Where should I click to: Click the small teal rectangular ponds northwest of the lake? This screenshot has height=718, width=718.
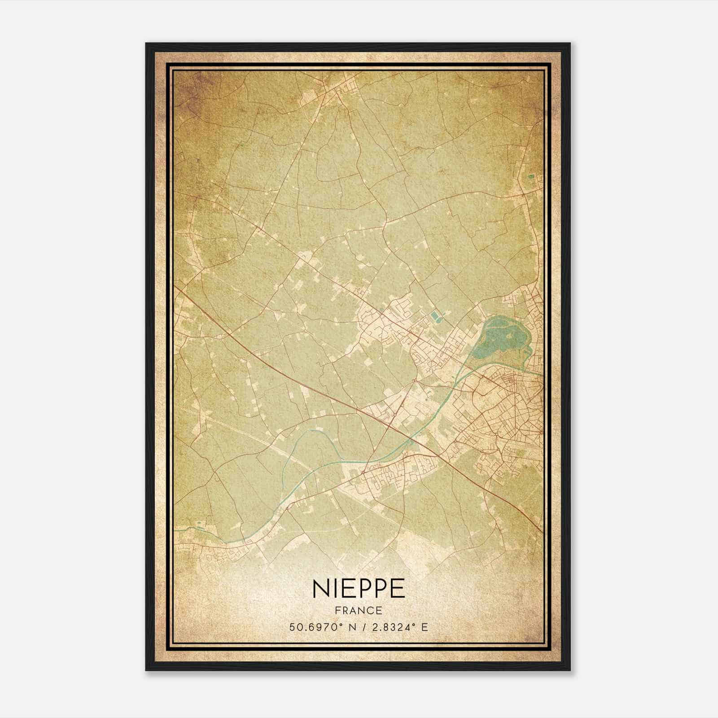(x=435, y=318)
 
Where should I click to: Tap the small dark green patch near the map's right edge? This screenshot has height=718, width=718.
(x=531, y=177)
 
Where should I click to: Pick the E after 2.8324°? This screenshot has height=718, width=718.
(x=424, y=626)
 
